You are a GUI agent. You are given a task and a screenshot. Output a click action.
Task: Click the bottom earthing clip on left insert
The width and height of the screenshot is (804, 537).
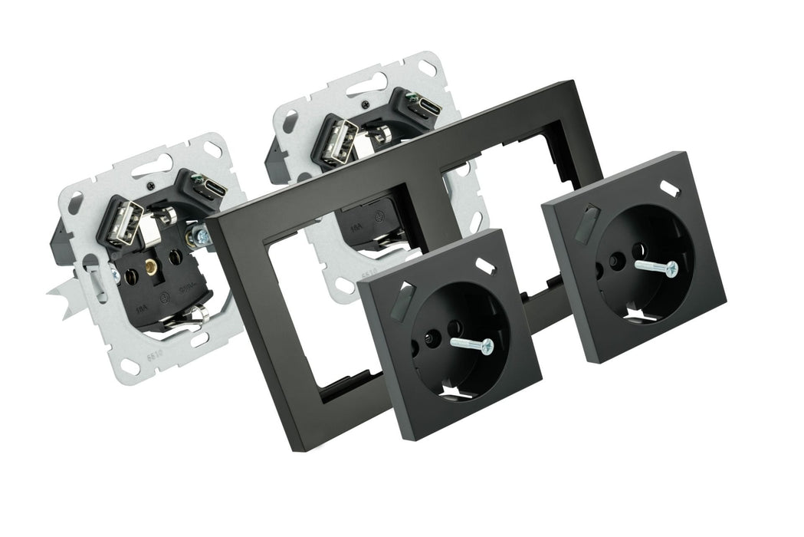(197, 315)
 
